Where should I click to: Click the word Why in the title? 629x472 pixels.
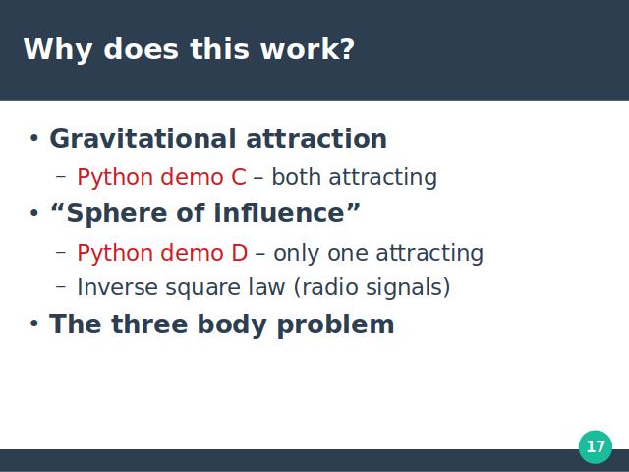(58, 50)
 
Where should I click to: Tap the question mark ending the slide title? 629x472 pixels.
(347, 48)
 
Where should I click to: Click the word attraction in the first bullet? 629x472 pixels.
(316, 139)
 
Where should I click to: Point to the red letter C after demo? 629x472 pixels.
(239, 177)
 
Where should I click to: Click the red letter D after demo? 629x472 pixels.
(240, 253)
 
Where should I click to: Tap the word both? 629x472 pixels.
(297, 177)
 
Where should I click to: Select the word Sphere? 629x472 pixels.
(116, 213)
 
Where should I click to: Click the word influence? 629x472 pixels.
(279, 212)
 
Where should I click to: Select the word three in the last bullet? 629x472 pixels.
(149, 324)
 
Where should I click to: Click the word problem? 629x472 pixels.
(336, 325)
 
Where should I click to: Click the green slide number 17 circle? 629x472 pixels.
(596, 446)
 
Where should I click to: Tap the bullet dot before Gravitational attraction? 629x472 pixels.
(34, 138)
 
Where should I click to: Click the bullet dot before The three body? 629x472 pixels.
(34, 324)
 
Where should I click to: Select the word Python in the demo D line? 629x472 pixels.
(115, 254)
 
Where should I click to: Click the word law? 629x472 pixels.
(265, 287)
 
